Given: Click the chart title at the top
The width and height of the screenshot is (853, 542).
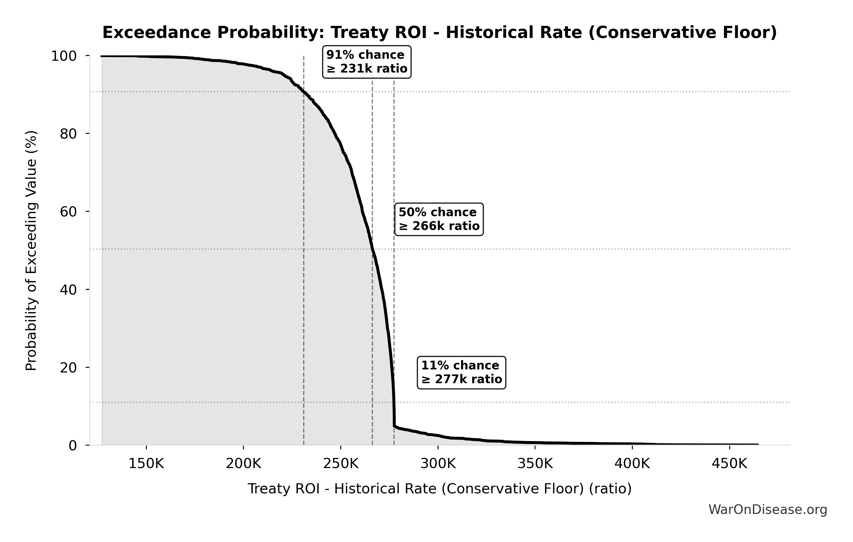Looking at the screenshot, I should [439, 33].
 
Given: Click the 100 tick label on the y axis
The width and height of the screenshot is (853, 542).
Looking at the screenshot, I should [64, 56].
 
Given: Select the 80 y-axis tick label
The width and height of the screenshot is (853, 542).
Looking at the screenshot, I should [68, 134].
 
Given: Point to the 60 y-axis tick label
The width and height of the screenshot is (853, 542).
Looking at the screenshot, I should [68, 212].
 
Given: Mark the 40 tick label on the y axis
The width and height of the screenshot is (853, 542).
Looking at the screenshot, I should [68, 290].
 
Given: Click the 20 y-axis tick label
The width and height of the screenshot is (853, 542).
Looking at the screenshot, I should [68, 367].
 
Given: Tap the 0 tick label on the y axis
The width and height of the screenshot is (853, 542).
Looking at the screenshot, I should [73, 445].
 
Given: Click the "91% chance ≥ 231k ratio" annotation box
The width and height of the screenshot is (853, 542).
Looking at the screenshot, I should [367, 62].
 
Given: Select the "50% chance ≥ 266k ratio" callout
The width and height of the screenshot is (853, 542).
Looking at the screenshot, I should [439, 219].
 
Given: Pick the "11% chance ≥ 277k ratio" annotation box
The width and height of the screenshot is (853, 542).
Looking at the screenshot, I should [461, 372].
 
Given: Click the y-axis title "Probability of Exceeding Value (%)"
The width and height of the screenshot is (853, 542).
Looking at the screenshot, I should [31, 251].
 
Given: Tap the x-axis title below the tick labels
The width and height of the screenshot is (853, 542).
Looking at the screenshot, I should [439, 489].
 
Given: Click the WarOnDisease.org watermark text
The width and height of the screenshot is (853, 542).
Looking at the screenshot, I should [768, 510].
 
